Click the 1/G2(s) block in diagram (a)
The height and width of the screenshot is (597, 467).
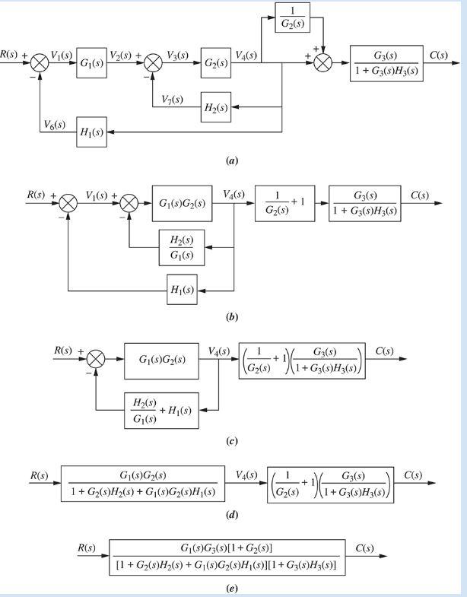[296, 19]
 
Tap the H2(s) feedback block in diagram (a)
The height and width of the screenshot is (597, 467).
[217, 106]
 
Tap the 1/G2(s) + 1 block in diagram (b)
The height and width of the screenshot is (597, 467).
[284, 207]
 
